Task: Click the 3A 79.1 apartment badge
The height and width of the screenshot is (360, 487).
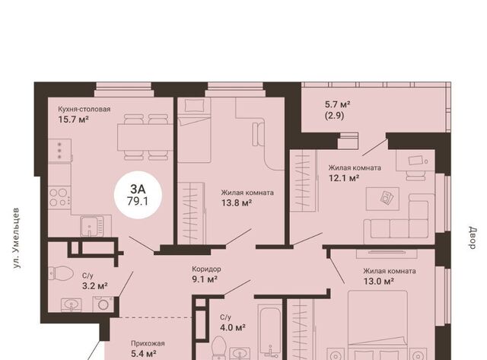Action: (x=138, y=195)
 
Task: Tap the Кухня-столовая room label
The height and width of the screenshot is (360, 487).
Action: (x=84, y=110)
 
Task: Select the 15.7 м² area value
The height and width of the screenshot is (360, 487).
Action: (x=74, y=119)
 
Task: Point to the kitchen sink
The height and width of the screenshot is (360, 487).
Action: (x=91, y=226)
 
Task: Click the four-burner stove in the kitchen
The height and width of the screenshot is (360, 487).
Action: (x=59, y=198)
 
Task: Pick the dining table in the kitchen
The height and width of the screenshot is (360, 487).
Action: (x=145, y=137)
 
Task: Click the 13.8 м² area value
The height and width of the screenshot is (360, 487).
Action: (x=237, y=203)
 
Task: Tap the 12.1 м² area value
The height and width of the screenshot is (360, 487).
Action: (x=344, y=178)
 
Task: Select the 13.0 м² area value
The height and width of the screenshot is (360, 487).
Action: (x=379, y=282)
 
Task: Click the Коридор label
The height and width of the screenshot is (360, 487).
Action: (x=206, y=269)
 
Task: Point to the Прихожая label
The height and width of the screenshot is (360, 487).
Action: (x=148, y=343)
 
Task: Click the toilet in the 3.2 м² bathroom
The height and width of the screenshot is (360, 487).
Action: (x=61, y=273)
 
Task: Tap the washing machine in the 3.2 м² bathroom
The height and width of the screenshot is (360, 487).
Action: (x=103, y=304)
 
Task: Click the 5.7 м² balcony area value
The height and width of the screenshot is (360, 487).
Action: (x=338, y=104)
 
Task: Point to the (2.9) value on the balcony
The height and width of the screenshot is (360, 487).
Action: (x=335, y=116)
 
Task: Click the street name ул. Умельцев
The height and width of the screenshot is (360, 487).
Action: (x=17, y=238)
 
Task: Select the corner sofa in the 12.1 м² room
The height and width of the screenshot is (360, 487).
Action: (x=399, y=218)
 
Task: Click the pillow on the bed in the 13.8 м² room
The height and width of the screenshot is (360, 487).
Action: (x=194, y=106)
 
